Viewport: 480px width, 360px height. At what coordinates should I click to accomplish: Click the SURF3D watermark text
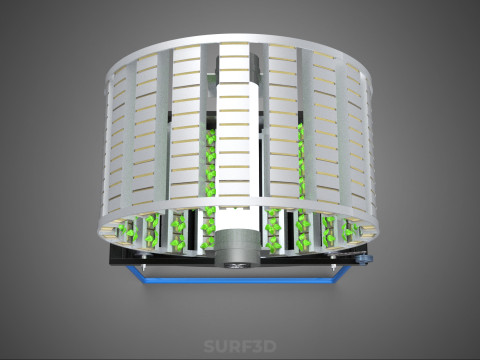240,346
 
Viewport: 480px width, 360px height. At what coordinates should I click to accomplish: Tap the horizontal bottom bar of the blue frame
238,281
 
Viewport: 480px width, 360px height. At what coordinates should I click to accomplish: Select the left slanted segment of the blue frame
135,274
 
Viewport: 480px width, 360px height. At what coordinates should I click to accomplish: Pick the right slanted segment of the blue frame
342,274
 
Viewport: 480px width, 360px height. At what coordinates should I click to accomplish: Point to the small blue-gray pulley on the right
363,259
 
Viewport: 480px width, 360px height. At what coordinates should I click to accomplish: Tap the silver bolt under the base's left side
144,267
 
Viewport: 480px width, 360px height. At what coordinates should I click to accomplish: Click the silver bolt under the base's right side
334,267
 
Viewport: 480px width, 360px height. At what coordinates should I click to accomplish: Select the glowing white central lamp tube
233,157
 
